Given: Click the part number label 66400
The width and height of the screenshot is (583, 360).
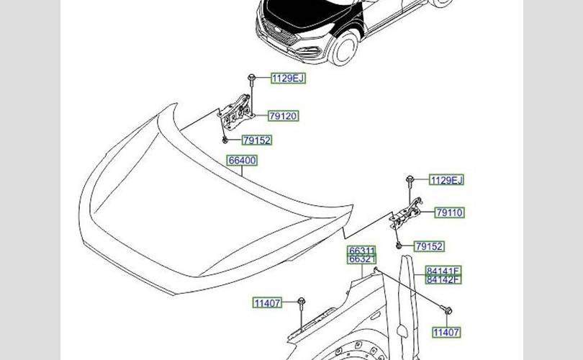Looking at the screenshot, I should click(242, 161).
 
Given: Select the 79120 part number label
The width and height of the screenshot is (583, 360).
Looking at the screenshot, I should click(283, 116).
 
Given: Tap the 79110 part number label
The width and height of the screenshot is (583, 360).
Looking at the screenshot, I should click(449, 213).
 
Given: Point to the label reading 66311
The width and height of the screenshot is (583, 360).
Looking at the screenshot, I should click(362, 251).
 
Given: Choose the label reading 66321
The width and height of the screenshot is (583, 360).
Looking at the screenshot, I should click(362, 259).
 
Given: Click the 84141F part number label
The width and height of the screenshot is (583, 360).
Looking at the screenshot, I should click(443, 271).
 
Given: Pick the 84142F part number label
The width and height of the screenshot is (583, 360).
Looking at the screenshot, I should click(443, 279).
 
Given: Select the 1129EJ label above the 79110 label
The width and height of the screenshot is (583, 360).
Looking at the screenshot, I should click(446, 180).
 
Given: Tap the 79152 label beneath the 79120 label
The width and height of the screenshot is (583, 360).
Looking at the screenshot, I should click(256, 140).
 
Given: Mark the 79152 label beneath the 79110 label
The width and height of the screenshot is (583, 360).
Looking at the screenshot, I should click(429, 246).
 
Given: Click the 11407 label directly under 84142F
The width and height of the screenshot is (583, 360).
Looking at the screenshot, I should click(446, 332).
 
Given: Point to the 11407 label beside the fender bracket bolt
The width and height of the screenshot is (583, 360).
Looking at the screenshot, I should click(267, 303).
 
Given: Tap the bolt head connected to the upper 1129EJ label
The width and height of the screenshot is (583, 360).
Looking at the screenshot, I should click(249, 78).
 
